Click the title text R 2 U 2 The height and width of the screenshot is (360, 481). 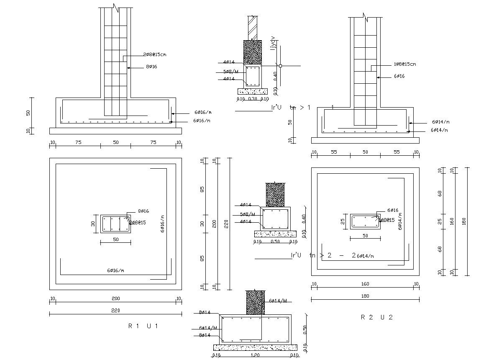pyautogui.click(x=377, y=317)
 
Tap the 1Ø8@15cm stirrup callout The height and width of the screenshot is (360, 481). pyautogui.click(x=404, y=64)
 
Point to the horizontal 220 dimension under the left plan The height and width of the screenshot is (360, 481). pyautogui.click(x=115, y=311)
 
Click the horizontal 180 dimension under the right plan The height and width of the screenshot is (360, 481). pyautogui.click(x=365, y=296)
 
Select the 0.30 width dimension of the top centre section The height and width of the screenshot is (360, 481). pyautogui.click(x=253, y=99)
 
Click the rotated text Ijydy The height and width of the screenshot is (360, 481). pyautogui.click(x=274, y=44)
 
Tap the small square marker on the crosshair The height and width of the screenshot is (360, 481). pyautogui.click(x=281, y=66)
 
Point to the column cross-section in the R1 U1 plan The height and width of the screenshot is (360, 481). pyautogui.click(x=115, y=224)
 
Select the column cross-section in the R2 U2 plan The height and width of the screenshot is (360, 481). pyautogui.click(x=365, y=221)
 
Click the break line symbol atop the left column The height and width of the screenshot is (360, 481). pyautogui.click(x=116, y=8)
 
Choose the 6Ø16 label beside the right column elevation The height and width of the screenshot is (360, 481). pyautogui.click(x=399, y=76)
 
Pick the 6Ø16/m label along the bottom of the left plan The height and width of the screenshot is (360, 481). pyautogui.click(x=115, y=271)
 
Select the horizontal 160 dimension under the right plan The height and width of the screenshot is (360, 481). pyautogui.click(x=365, y=284)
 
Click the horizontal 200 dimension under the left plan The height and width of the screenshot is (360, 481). pyautogui.click(x=115, y=298)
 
